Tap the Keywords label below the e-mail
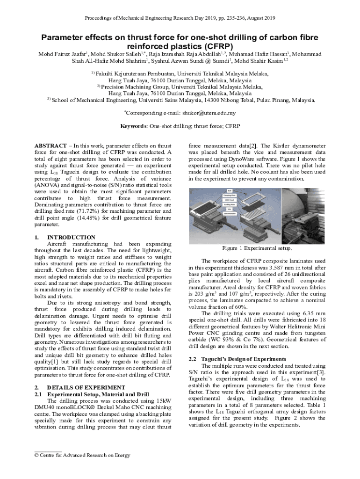coord(134,126)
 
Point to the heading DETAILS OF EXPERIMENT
coord(86,387)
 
